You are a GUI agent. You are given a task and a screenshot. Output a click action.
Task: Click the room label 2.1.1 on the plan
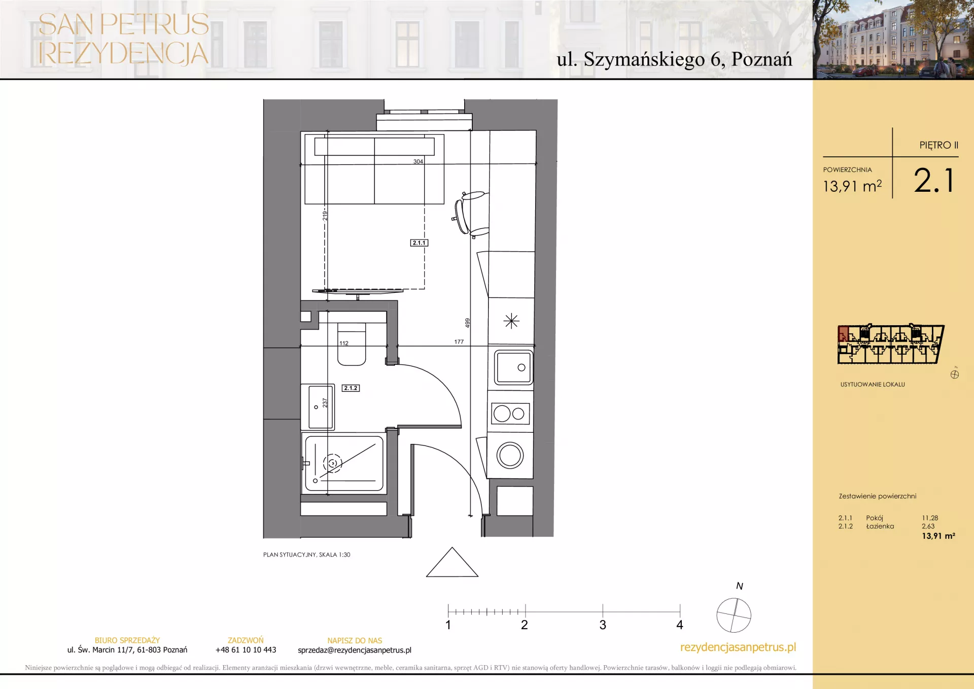point(419,243)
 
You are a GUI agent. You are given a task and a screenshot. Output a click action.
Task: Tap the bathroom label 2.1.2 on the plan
point(351,388)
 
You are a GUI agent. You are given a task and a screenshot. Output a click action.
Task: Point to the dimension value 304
point(418,161)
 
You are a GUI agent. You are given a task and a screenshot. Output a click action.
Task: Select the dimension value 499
point(467,323)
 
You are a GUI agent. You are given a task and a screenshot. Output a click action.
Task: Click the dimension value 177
point(459,342)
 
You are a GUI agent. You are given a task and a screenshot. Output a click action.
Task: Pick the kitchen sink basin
point(514,367)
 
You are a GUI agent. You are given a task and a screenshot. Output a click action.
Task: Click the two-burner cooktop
point(510,414)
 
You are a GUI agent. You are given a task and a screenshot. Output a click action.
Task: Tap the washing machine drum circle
point(510,455)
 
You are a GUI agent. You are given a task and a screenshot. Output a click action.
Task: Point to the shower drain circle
point(333,463)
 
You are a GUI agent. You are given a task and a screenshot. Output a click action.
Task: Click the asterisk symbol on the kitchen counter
point(511,321)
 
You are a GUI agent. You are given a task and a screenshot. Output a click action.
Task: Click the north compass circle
point(734,615)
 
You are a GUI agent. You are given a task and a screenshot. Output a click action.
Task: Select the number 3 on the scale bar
point(603,625)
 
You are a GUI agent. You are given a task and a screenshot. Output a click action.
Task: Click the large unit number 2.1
point(934,181)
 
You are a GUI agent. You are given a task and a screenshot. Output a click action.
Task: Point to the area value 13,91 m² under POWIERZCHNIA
point(852,186)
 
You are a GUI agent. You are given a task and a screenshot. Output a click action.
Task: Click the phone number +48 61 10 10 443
point(246,650)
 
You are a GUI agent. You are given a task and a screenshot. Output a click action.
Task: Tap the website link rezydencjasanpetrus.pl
point(738,647)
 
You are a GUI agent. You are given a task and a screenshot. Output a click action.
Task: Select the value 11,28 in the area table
point(930,518)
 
